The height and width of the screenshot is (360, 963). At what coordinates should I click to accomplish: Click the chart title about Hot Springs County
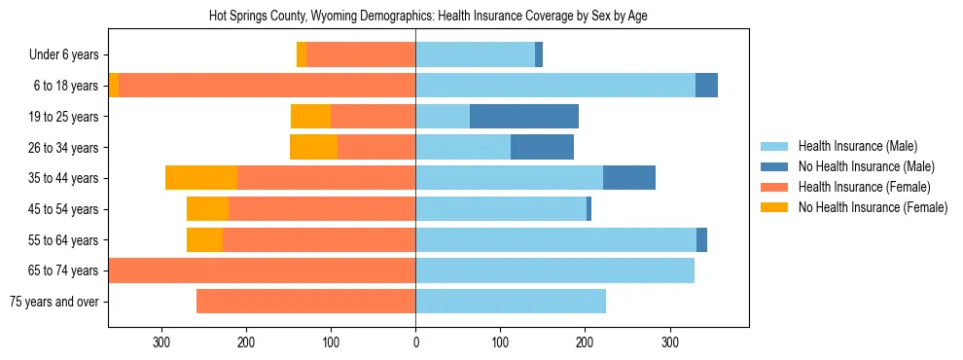pos(428,17)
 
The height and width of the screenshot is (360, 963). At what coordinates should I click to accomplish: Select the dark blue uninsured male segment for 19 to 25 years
pos(524,117)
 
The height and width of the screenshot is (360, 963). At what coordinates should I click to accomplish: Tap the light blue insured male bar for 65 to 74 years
pos(554,270)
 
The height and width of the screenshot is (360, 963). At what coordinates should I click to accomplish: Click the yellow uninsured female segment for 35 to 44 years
pos(201,178)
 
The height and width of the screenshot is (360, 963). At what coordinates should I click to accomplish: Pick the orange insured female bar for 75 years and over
pos(305,302)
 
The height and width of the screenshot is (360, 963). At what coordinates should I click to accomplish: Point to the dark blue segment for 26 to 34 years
pos(542,148)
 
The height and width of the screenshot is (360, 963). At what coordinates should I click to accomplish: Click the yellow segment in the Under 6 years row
pos(302,55)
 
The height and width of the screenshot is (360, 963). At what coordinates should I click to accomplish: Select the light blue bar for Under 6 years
pos(475,55)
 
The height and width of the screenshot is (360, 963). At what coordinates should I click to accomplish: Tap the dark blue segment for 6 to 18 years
pos(706,86)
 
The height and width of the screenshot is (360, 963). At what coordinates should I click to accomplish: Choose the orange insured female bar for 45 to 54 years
pos(322,209)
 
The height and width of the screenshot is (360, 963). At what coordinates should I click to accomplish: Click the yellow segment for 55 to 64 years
pos(204,240)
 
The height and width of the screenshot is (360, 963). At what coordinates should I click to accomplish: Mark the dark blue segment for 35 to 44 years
pos(629,178)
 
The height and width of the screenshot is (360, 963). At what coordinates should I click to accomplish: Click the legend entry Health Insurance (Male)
pos(857,146)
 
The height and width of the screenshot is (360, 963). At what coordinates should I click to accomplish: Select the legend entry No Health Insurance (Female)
pos(873,207)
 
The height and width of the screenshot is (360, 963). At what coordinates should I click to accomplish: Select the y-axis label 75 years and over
pos(53,302)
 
